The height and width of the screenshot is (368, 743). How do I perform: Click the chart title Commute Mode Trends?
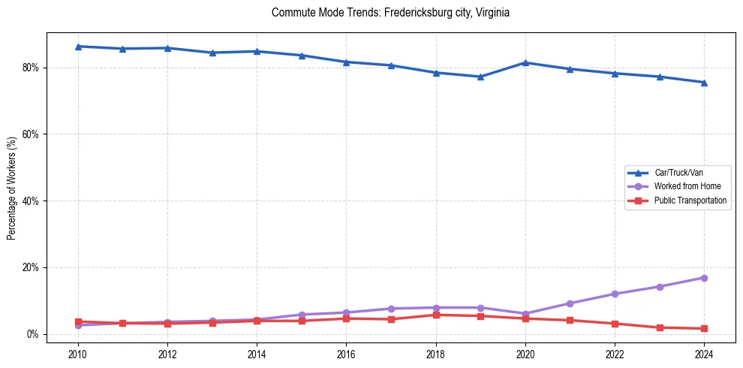click(x=390, y=13)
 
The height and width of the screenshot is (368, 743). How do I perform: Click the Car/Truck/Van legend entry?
click(x=678, y=173)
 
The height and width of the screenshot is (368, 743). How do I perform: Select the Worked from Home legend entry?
click(x=684, y=186)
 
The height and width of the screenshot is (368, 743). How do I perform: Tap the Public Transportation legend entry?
click(x=690, y=201)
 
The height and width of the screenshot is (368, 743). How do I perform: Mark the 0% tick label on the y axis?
click(x=33, y=334)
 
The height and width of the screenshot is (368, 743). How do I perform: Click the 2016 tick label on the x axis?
click(x=346, y=354)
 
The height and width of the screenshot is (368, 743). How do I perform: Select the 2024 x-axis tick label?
click(x=704, y=354)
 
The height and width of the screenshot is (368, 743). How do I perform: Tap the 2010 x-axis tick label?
click(x=78, y=354)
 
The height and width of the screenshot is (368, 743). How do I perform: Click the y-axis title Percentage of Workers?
click(x=12, y=189)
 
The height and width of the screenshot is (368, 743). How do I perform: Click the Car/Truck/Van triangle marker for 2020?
click(x=525, y=62)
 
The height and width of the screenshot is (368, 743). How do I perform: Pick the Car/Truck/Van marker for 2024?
click(x=704, y=83)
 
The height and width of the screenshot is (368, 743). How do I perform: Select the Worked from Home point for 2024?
click(x=704, y=278)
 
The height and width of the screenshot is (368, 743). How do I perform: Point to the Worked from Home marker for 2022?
click(x=615, y=294)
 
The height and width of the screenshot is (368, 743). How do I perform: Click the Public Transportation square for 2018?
click(x=436, y=315)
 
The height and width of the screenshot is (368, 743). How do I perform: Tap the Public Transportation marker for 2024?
click(x=704, y=328)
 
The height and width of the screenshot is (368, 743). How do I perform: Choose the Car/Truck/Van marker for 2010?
click(x=78, y=47)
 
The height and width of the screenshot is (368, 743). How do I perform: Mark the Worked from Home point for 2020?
click(x=525, y=314)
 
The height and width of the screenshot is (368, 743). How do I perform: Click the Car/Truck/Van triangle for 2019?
click(x=480, y=77)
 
